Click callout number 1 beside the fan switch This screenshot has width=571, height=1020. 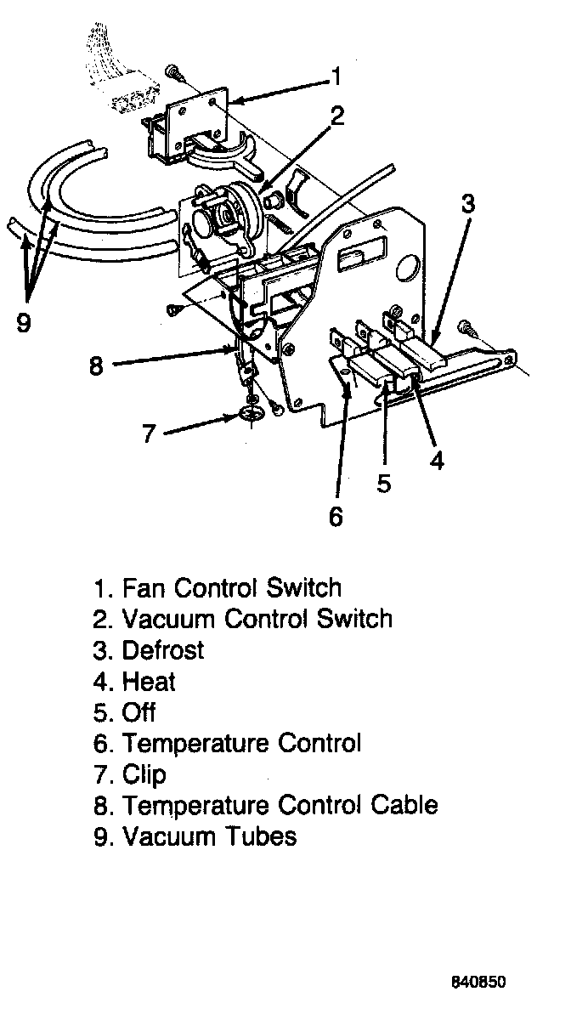pyautogui.click(x=336, y=78)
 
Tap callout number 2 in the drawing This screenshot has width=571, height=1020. pyautogui.click(x=337, y=117)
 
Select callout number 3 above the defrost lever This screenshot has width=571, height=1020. pyautogui.click(x=468, y=204)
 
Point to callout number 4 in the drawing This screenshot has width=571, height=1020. pyautogui.click(x=437, y=460)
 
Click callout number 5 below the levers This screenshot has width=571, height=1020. pyautogui.click(x=384, y=483)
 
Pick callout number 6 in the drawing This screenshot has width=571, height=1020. pyautogui.click(x=336, y=515)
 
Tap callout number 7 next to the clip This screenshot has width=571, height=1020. pyautogui.click(x=150, y=433)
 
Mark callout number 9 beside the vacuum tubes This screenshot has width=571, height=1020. pyautogui.click(x=24, y=323)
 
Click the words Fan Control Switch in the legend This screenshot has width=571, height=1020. pyautogui.click(x=231, y=588)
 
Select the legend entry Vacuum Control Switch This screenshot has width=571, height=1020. pyautogui.click(x=257, y=619)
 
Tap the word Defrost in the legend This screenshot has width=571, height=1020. pyautogui.click(x=163, y=650)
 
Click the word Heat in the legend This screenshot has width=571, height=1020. pyautogui.click(x=149, y=681)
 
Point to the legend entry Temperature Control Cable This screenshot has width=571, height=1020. pyautogui.click(x=280, y=805)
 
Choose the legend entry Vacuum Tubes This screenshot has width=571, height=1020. pyautogui.click(x=209, y=836)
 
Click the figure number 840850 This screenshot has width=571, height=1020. pyautogui.click(x=478, y=983)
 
